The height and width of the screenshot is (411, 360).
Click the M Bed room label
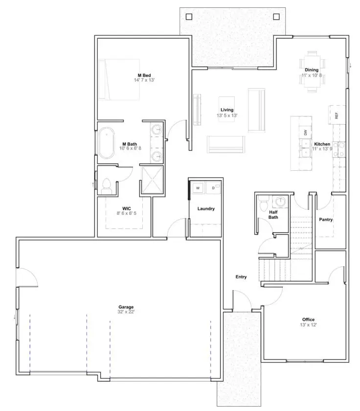144,75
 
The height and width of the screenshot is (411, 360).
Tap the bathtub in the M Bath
106,143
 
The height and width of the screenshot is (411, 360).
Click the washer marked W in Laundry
198,187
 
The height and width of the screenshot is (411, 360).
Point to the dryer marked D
213,187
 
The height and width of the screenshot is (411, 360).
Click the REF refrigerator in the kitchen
337,115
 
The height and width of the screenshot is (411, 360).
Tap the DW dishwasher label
306,132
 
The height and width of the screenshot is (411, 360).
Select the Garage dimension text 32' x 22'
126,312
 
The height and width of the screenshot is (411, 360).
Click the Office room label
308,320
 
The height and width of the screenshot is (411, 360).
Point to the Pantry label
326,220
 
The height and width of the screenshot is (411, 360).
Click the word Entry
241,277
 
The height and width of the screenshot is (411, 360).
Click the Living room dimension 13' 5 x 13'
227,115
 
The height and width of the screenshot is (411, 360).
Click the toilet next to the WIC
107,185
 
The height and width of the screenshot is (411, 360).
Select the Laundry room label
206,209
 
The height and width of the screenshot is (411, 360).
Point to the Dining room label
312,70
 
